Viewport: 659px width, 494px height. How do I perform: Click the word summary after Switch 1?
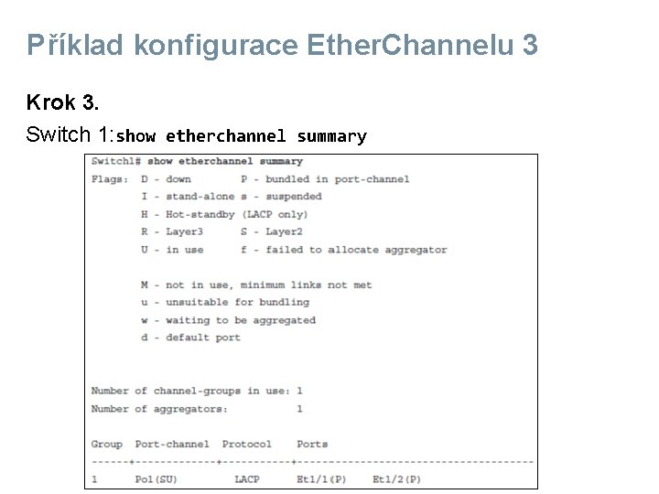[330, 136]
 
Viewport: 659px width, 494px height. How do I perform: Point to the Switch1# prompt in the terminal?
[116, 162]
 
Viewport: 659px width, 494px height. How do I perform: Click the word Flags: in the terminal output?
[110, 179]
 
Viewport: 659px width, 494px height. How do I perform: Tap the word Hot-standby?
[200, 214]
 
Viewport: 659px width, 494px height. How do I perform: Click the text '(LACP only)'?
[274, 214]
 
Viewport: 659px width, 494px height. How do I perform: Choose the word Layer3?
[184, 231]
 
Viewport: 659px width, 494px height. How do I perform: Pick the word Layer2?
[284, 231]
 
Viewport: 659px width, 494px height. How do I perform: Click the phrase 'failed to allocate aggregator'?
[356, 250]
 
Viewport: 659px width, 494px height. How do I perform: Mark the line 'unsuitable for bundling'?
[237, 302]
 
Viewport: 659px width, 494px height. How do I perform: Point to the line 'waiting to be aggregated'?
[240, 320]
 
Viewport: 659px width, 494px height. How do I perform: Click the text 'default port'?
[202, 338]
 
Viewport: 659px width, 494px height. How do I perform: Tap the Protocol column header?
[246, 444]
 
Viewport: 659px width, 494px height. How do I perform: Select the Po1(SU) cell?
[157, 479]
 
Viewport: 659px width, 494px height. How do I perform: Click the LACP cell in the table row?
[246, 479]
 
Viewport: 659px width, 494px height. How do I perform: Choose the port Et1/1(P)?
[321, 479]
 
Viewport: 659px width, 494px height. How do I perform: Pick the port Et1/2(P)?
[396, 479]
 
